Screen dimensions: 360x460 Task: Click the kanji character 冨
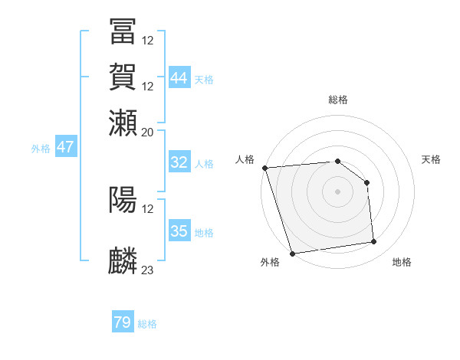pos(123,31)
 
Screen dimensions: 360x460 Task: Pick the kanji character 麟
pos(123,261)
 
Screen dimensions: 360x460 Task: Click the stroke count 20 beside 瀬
pos(148,132)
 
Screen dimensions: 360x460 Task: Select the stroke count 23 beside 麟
pos(148,270)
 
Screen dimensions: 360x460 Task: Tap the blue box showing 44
pos(179,78)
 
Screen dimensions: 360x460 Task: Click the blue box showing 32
pos(179,163)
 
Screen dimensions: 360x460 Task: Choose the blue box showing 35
pos(179,231)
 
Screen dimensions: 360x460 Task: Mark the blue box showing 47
pos(65,148)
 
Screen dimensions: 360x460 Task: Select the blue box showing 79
pos(123,323)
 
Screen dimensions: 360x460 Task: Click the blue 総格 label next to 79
pos(147,324)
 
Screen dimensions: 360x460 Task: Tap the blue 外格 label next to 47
pos(40,149)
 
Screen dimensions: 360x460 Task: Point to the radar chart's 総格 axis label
pos(338,100)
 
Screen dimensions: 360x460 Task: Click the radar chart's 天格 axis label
pos(432,159)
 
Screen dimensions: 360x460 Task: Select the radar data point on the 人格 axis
pos(264,168)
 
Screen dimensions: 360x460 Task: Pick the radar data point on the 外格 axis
pos(292,254)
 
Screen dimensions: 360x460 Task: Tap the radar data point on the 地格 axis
pos(373,242)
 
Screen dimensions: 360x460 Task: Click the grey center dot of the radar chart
pos(338,191)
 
